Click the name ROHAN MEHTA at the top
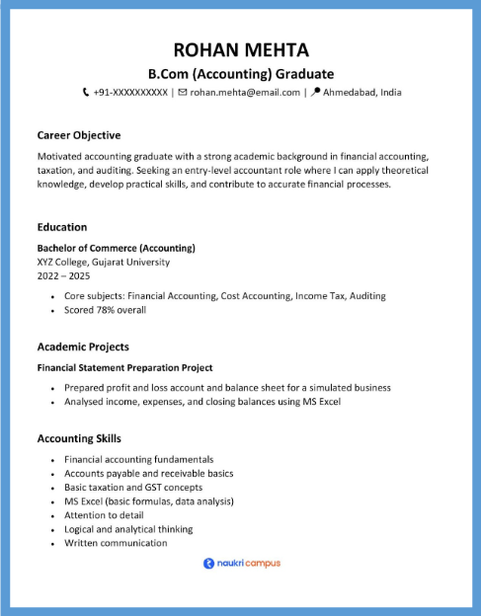click(x=240, y=49)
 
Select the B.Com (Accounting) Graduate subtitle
click(x=240, y=74)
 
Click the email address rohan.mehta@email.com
click(x=245, y=93)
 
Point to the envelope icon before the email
click(x=182, y=93)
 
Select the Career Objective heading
click(x=78, y=135)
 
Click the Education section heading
click(x=62, y=227)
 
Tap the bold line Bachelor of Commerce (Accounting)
click(x=116, y=248)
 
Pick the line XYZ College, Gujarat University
click(x=103, y=262)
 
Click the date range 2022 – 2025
click(x=63, y=276)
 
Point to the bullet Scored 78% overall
click(x=105, y=310)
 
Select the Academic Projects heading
click(x=83, y=347)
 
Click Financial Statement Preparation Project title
click(x=124, y=368)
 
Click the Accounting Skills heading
click(x=79, y=438)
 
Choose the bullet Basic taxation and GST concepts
click(x=133, y=488)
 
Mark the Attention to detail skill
click(x=104, y=515)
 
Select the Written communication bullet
click(x=116, y=543)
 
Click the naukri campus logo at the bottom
click(x=241, y=564)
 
